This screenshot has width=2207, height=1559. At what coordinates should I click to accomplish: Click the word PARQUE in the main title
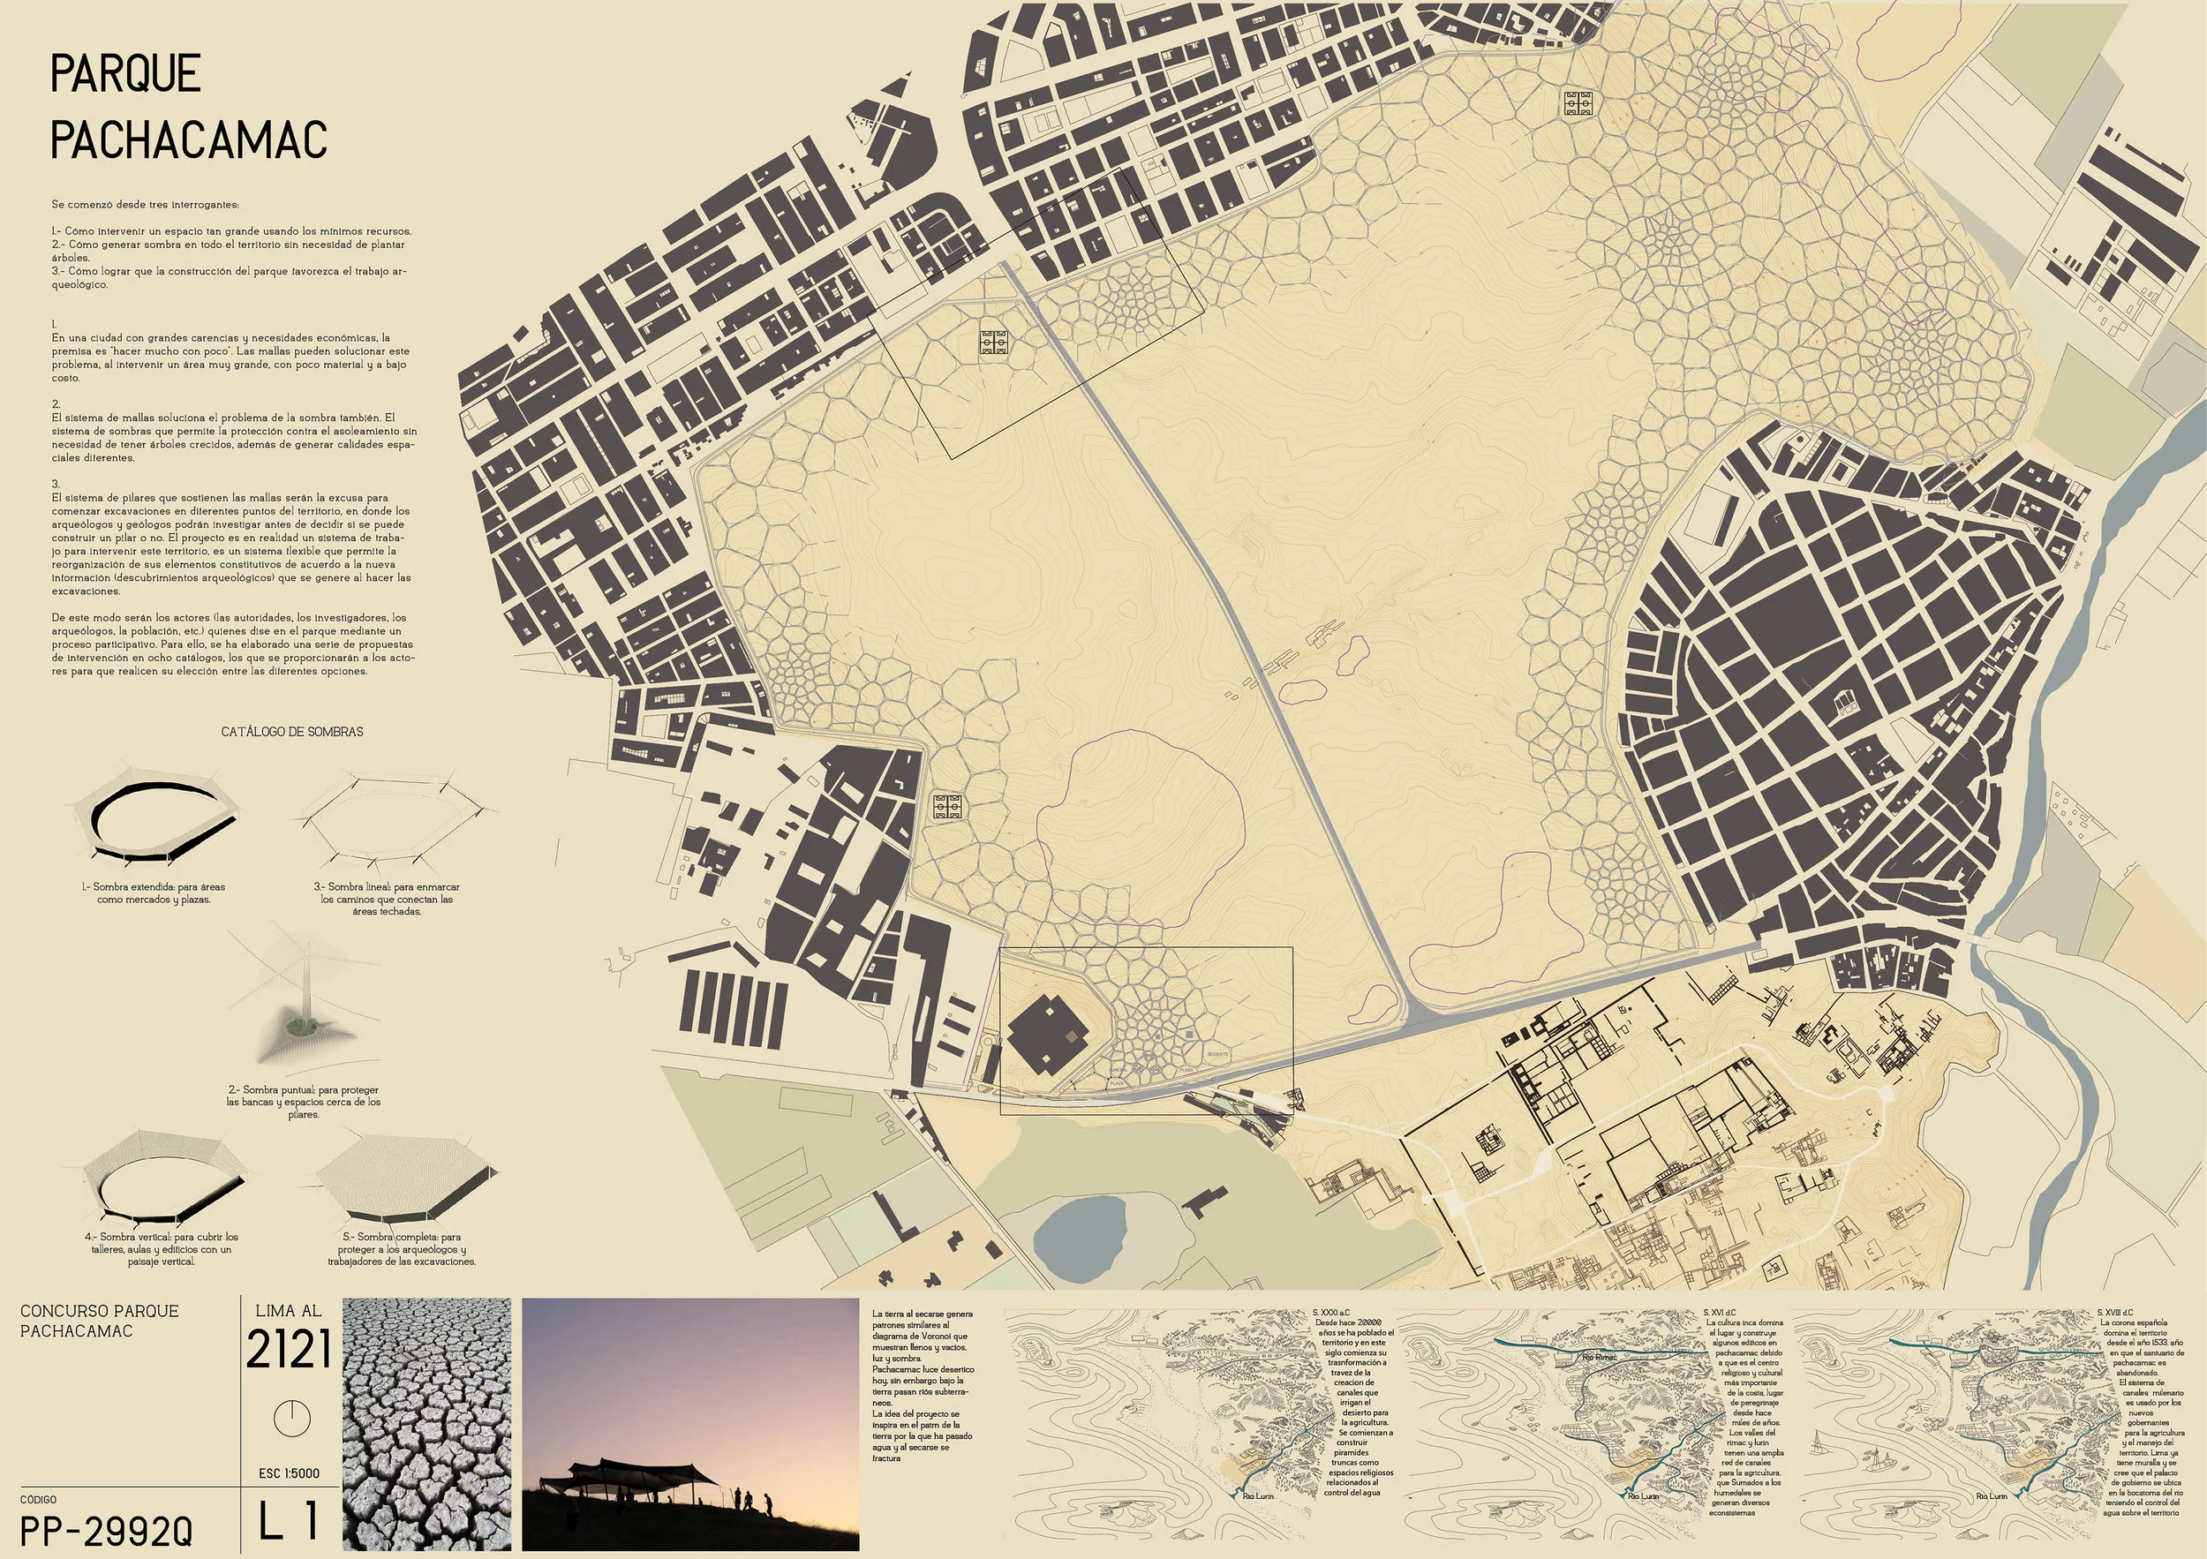tap(125, 74)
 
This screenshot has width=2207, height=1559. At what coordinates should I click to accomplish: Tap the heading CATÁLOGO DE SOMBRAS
tap(292, 732)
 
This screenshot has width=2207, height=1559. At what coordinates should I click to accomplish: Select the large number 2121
tap(289, 1351)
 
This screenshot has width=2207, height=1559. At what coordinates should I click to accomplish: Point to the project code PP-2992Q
tap(106, 1530)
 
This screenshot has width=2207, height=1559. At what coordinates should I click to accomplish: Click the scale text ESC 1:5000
tap(289, 1473)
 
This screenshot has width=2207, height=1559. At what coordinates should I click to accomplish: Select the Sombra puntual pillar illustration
tap(305, 999)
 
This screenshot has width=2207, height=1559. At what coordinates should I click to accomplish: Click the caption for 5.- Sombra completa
tap(402, 1248)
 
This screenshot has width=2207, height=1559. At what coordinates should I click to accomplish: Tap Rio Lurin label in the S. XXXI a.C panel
tap(1257, 1495)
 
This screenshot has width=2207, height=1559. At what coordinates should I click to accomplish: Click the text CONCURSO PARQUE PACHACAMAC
tap(99, 1321)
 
